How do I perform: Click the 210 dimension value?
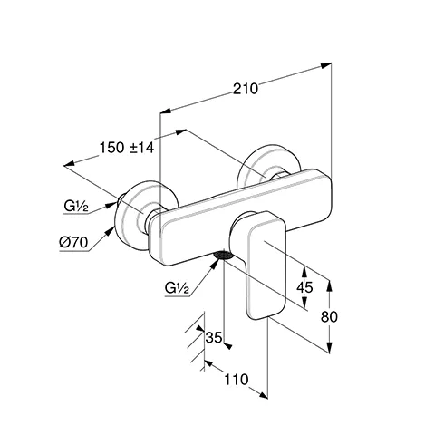[x=246, y=88]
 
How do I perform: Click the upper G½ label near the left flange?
[x=76, y=208]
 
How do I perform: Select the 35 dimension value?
[x=215, y=338]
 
